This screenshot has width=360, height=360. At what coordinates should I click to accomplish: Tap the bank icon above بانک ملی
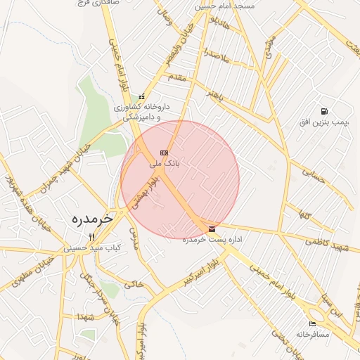(165, 152)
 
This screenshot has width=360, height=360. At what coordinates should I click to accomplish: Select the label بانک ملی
(165, 162)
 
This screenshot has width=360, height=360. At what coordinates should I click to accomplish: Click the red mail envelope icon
(212, 229)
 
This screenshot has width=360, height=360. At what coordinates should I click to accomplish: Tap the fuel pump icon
(323, 111)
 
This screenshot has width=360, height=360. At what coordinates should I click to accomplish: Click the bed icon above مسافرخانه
(312, 323)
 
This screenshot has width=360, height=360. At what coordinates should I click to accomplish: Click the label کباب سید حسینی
(93, 247)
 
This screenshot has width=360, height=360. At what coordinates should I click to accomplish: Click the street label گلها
(304, 212)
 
